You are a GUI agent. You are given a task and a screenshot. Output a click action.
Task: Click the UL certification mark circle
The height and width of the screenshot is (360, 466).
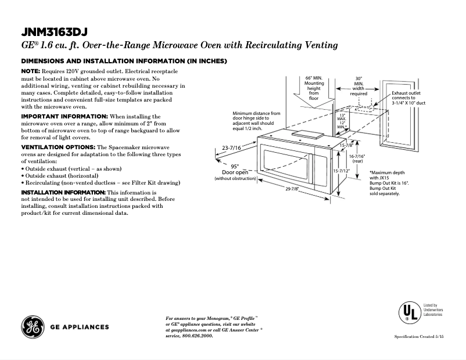click(409, 312)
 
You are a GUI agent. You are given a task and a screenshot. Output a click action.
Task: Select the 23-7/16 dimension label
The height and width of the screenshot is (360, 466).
click(232, 149)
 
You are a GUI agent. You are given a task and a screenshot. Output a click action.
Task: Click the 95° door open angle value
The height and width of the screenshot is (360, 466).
click(235, 165)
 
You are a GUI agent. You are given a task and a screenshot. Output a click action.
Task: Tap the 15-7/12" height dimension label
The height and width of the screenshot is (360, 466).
click(341, 171)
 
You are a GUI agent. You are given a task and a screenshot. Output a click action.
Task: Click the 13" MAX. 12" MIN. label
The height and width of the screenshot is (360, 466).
click(342, 120)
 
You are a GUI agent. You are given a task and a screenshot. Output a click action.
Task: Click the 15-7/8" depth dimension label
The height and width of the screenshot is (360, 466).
click(346, 145)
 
